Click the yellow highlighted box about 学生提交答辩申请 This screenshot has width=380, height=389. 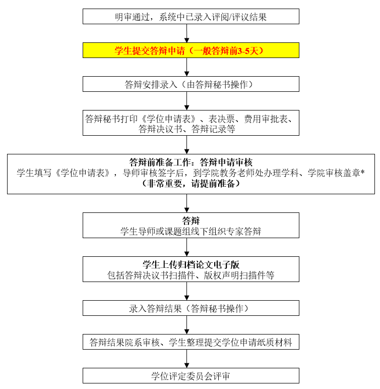point(191,50)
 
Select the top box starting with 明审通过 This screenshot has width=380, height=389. point(191,17)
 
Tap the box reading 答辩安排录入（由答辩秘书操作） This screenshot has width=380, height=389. point(191,84)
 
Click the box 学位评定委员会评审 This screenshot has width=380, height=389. point(191,376)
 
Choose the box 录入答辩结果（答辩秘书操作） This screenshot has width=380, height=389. point(191,308)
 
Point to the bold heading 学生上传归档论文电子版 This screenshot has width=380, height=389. point(191,264)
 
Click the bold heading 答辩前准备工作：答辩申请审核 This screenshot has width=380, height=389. point(191,162)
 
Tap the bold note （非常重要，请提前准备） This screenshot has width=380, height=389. point(191,184)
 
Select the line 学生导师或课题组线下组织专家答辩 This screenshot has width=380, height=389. point(191,232)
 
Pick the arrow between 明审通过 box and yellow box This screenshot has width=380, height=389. point(187,33)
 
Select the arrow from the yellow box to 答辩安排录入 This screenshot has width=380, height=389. point(187,67)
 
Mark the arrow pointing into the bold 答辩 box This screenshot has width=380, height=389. point(187,203)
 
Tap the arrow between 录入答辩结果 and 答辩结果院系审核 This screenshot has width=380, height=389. point(187,325)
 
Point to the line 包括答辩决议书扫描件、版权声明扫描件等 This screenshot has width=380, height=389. point(191,275)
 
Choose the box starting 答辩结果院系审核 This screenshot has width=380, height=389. point(191,342)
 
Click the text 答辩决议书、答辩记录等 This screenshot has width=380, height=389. point(187,129)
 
